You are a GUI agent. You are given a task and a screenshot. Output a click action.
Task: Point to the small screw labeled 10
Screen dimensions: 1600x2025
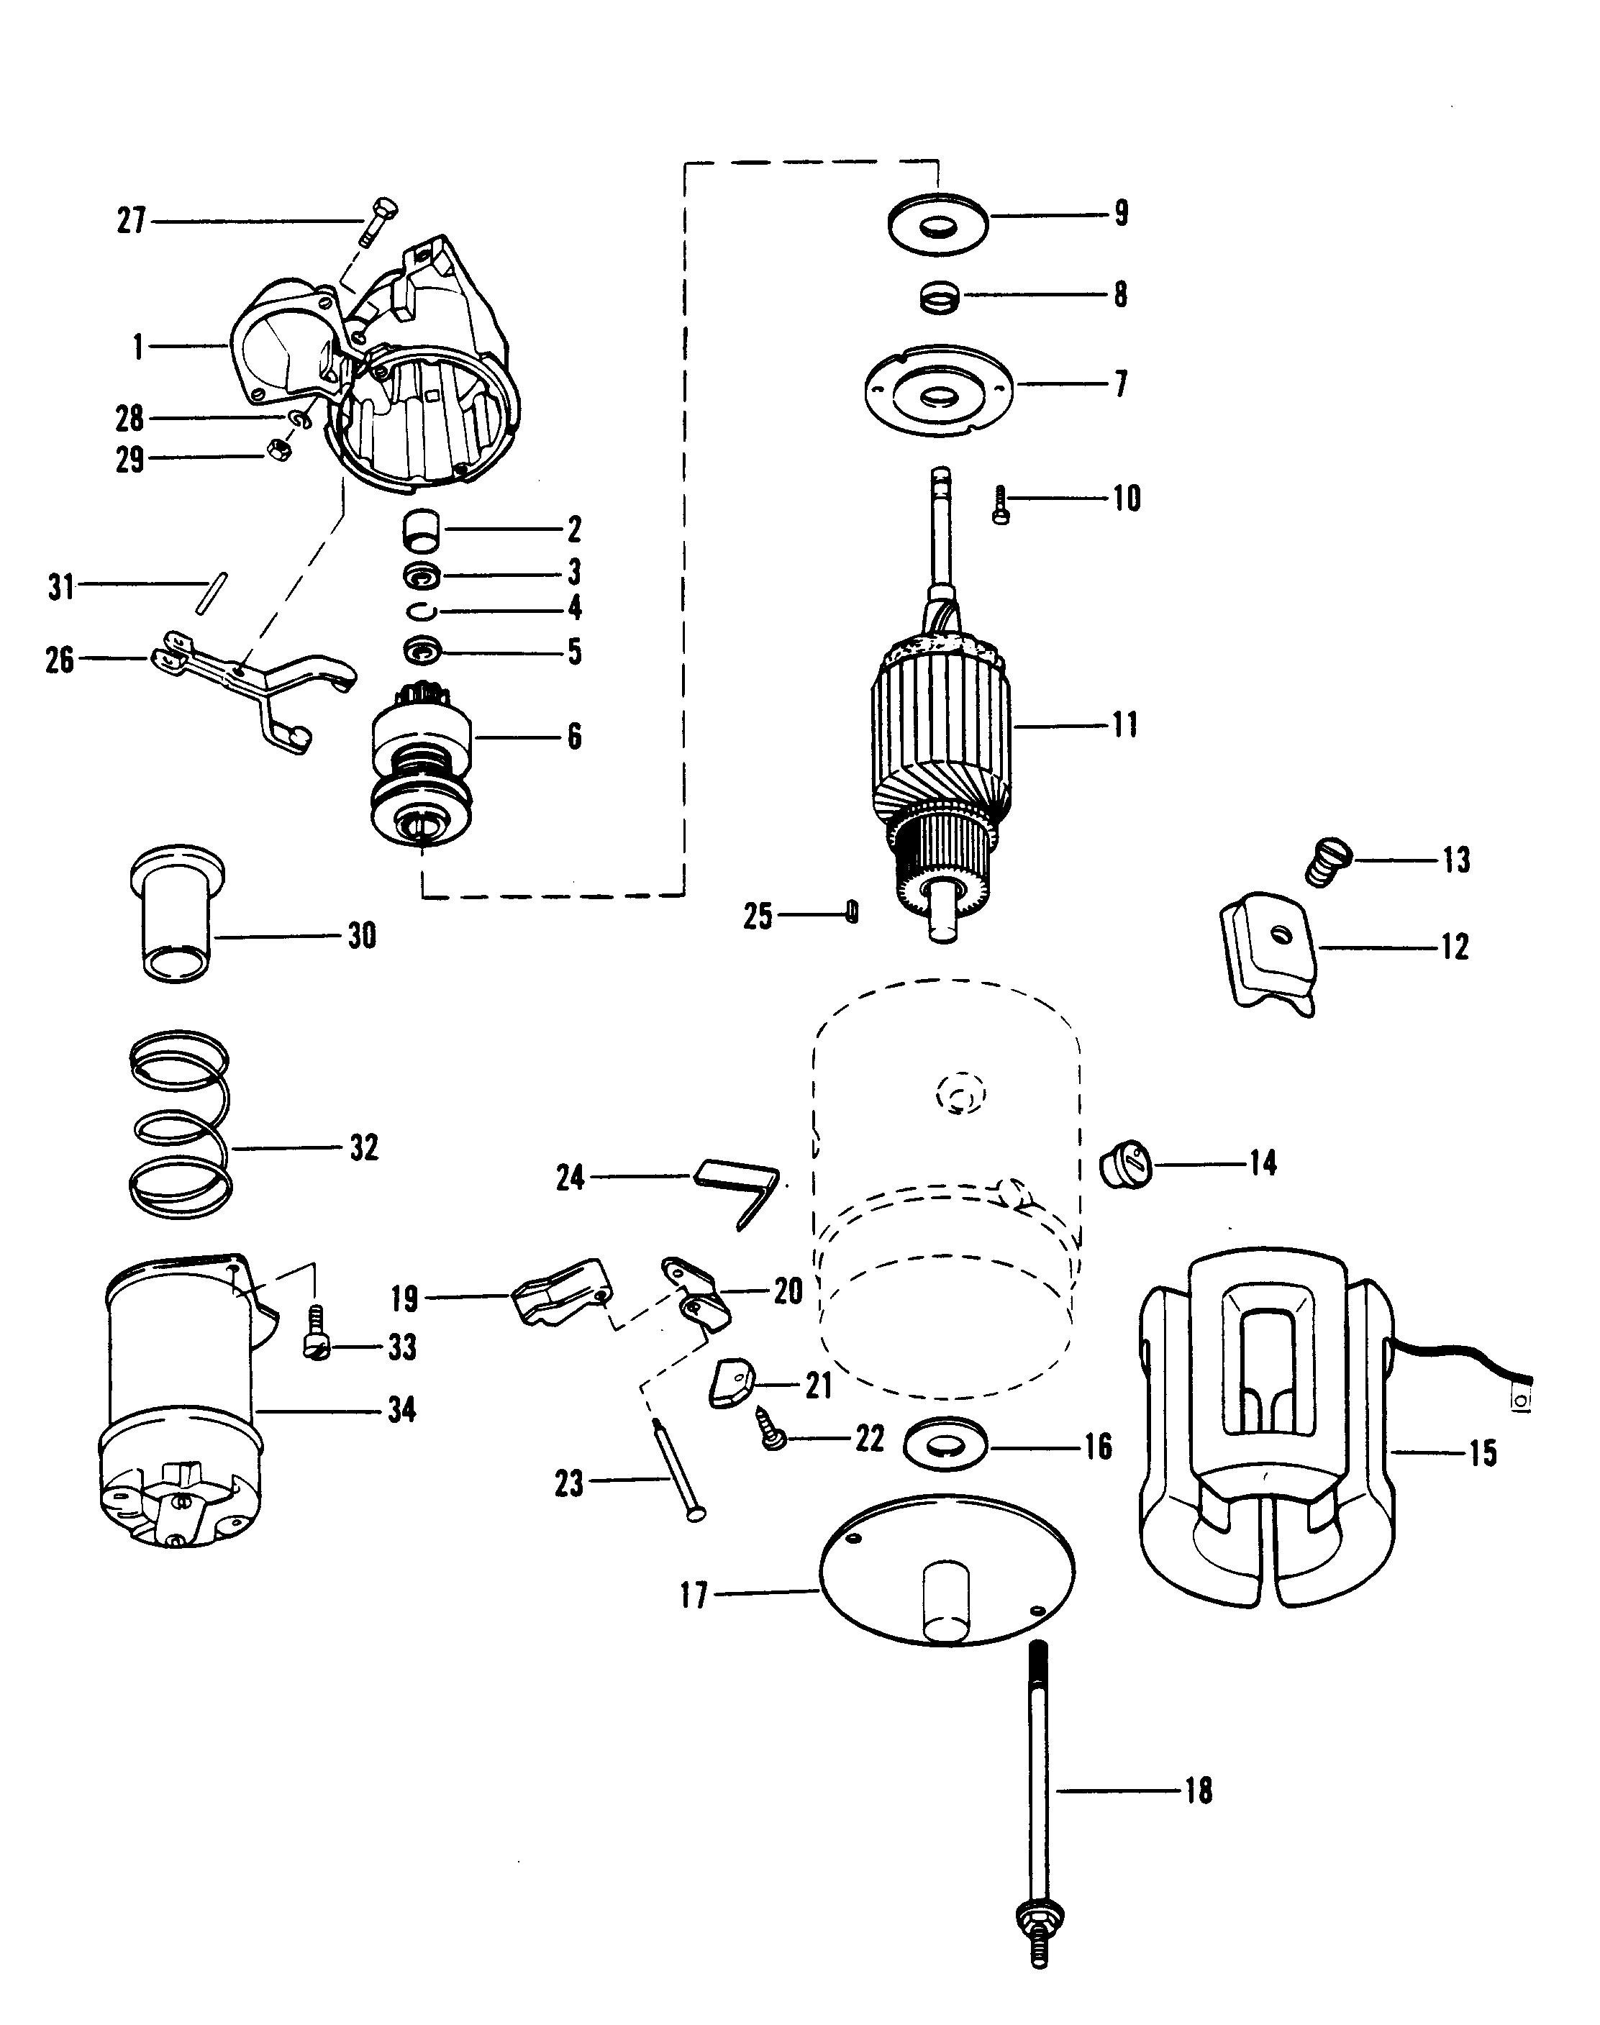[x=999, y=505]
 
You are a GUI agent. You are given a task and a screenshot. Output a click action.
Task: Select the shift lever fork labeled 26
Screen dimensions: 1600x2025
[x=253, y=688]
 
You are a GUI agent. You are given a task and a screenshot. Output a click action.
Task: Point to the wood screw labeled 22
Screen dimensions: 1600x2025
[x=775, y=1438]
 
